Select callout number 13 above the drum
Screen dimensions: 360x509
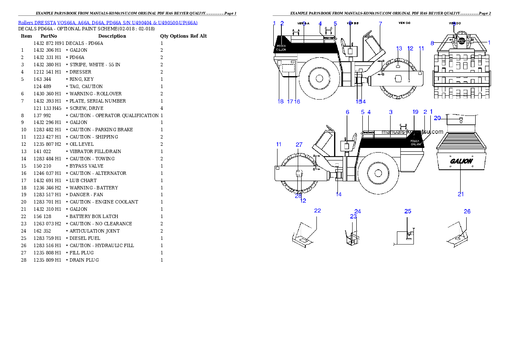[399, 48]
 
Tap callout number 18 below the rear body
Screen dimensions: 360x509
[281, 101]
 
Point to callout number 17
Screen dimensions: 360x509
[290, 101]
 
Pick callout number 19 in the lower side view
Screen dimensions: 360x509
[415, 112]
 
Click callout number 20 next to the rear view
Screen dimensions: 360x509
[437, 118]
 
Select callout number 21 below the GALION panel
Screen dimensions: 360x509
[461, 194]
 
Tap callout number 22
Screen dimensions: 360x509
[317, 210]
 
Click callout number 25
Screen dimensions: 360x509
[408, 211]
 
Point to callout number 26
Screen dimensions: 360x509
[467, 211]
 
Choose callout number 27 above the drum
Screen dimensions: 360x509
[299, 145]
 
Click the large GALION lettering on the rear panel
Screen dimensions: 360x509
[461, 161]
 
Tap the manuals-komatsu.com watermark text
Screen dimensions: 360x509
[413, 132]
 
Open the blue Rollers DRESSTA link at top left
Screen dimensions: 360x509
[107, 22]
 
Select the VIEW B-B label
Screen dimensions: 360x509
[352, 23]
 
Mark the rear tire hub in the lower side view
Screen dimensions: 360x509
[378, 173]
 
